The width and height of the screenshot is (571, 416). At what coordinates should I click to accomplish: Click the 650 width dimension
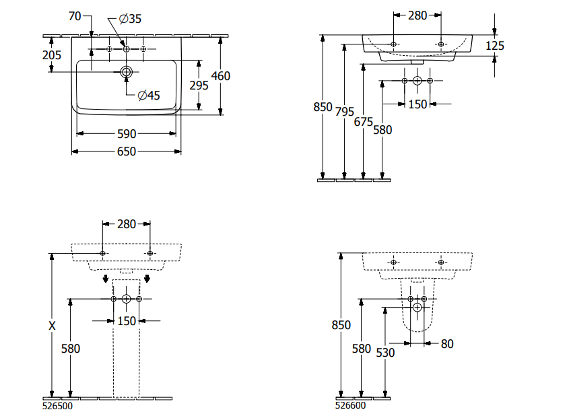(126, 151)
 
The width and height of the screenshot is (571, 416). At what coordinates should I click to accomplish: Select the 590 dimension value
(126, 133)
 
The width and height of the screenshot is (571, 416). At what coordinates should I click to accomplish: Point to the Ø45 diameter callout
(149, 96)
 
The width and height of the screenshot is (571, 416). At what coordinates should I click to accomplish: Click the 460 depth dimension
(221, 76)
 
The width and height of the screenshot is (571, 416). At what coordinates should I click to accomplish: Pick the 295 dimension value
(198, 85)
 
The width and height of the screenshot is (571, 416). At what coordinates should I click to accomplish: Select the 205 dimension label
(52, 55)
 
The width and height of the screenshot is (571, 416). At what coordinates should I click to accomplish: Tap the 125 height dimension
(495, 46)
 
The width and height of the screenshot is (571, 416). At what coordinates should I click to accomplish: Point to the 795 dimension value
(345, 112)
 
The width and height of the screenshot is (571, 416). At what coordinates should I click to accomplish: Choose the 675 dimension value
(364, 122)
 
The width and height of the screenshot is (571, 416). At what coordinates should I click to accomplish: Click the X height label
(52, 326)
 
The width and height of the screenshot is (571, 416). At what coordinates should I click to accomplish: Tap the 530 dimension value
(384, 352)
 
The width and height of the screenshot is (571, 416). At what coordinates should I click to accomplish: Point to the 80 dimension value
(447, 344)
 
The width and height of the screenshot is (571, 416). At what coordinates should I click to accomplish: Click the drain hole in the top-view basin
(126, 71)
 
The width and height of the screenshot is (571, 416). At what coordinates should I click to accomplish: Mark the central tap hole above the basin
(126, 48)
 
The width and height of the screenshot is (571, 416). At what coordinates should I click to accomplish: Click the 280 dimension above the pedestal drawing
(126, 224)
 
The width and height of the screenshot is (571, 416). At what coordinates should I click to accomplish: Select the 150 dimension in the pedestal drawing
(127, 321)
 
